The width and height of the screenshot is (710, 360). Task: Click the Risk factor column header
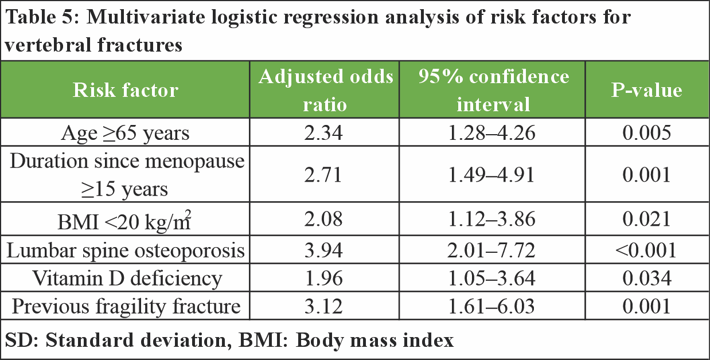tap(126, 90)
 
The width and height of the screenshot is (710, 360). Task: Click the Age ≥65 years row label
tap(126, 133)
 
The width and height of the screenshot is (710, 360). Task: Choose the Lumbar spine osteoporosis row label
tap(126, 251)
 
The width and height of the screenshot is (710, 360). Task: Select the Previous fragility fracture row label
tap(126, 306)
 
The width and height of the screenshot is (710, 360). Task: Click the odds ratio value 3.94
tap(325, 251)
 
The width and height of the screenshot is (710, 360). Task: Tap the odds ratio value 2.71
tap(325, 174)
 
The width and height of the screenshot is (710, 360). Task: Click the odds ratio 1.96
tap(325, 278)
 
